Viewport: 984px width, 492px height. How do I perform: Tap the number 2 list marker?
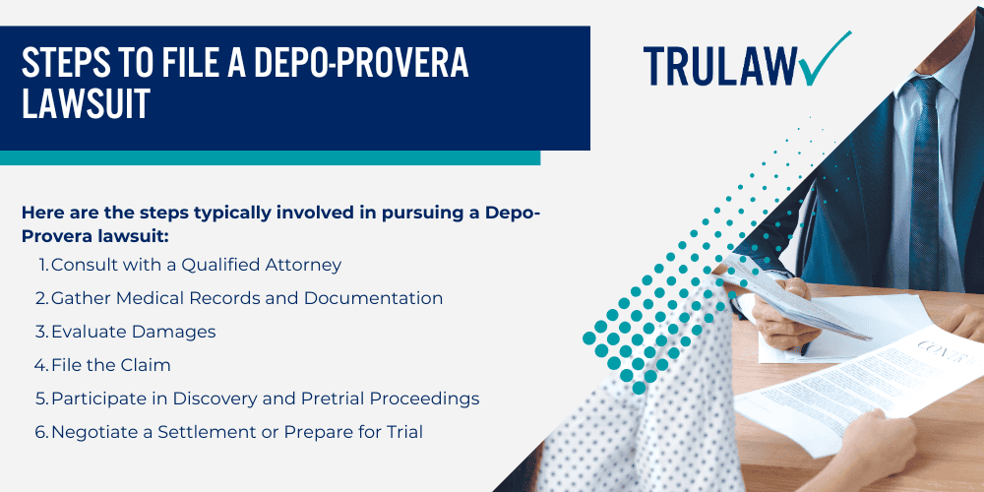coord(41,298)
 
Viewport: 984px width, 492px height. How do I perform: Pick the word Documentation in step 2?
coord(378,298)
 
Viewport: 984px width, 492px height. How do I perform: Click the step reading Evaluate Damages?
coord(133,332)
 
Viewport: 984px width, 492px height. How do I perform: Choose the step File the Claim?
coord(110,365)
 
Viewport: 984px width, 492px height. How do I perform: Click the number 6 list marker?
coord(41,432)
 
